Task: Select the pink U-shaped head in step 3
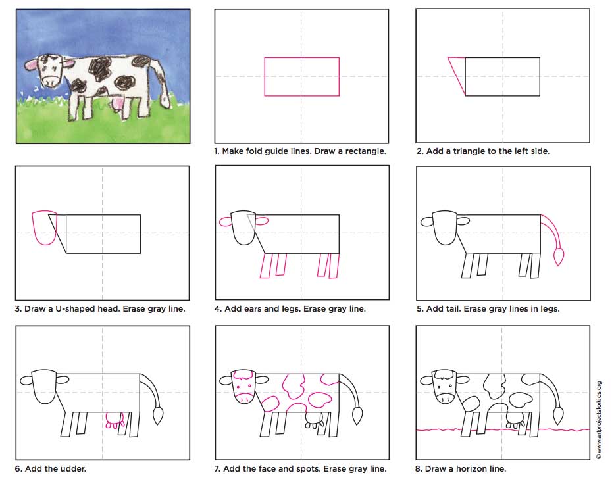point(45,228)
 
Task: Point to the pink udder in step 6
point(115,421)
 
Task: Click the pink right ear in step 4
point(261,220)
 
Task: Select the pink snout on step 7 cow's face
point(245,397)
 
